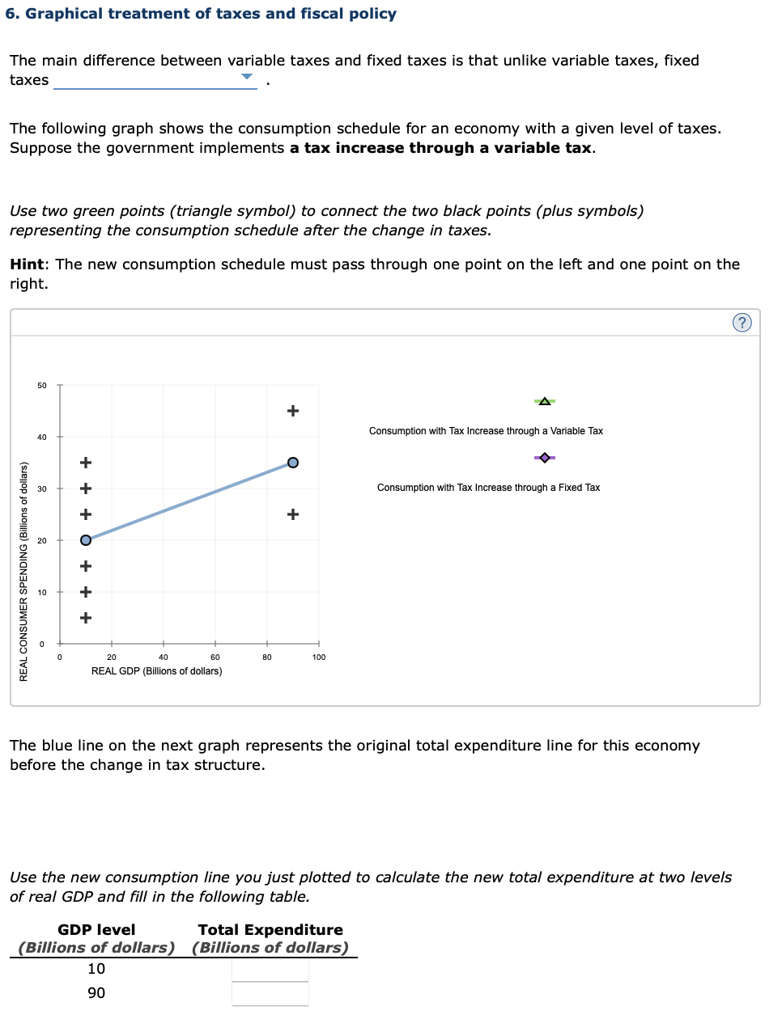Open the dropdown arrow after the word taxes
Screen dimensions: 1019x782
click(247, 78)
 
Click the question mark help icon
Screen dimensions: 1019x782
click(742, 323)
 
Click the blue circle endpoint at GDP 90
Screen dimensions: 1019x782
click(293, 463)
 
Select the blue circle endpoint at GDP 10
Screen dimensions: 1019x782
click(86, 540)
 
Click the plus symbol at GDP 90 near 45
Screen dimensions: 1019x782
click(293, 411)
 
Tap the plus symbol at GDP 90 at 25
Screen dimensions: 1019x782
click(293, 514)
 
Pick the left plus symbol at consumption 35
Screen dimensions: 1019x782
click(86, 463)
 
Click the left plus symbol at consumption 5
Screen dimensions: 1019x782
click(86, 618)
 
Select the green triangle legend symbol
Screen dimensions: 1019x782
click(545, 401)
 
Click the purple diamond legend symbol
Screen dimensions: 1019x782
click(545, 458)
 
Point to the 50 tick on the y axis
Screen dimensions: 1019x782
click(42, 386)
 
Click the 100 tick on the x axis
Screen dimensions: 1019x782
click(319, 657)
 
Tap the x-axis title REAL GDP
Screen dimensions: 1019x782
click(156, 671)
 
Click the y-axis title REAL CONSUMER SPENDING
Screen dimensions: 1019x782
click(23, 571)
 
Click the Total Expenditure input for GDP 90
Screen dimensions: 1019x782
click(270, 994)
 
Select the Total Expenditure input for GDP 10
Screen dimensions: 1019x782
click(270, 970)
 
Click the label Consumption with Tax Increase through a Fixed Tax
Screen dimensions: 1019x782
click(488, 488)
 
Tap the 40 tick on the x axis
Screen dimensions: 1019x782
click(164, 657)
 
